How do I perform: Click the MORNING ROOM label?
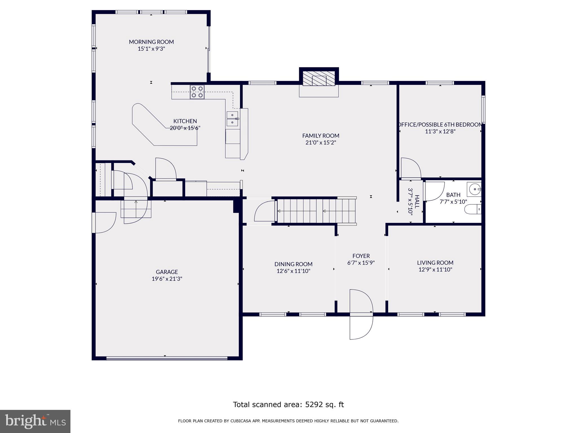151,42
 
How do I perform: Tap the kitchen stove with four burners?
197,92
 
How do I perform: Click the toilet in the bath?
472,209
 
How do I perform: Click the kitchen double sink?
233,119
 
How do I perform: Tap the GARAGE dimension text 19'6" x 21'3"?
167,279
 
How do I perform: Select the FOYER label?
361,256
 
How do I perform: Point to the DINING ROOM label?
293,264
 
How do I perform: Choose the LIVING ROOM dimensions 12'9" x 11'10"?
435,269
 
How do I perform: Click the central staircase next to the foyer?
316,211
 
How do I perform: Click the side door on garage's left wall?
103,223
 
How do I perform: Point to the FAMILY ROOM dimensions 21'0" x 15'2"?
321,143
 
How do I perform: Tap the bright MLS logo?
35,421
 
